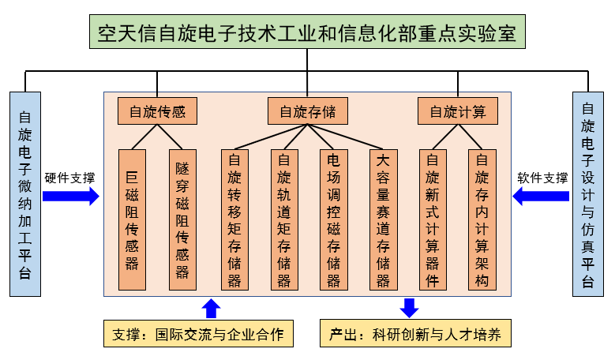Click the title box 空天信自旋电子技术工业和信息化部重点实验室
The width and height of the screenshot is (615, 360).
(306, 34)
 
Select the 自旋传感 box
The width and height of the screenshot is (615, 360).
(157, 111)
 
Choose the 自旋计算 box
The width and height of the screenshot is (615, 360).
(458, 111)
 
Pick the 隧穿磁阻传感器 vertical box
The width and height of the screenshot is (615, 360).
(182, 219)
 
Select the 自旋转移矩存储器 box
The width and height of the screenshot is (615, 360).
(234, 219)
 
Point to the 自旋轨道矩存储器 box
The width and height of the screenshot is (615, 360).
(284, 219)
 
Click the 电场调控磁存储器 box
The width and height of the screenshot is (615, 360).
(333, 219)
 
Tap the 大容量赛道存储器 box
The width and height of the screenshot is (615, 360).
(383, 219)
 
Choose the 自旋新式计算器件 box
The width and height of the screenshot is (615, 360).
(433, 219)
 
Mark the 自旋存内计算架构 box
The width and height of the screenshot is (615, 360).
(482, 219)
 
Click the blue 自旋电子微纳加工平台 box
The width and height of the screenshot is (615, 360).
(24, 194)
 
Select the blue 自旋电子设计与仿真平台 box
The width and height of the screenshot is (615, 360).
(589, 194)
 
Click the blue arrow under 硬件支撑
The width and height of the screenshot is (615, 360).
(71, 197)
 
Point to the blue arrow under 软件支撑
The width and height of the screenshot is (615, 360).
(541, 197)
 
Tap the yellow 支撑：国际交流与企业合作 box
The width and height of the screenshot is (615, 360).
(198, 334)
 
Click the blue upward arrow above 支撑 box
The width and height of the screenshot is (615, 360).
(212, 308)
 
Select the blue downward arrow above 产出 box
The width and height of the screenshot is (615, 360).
(409, 307)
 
